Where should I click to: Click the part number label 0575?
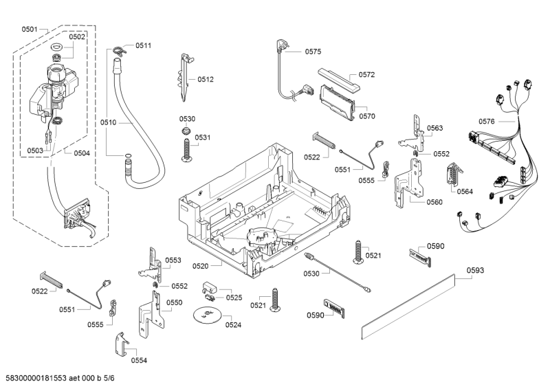[x=313, y=51]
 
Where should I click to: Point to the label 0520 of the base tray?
[x=201, y=265]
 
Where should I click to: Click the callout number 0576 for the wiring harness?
[x=487, y=121]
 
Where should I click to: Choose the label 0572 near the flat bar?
[x=366, y=74]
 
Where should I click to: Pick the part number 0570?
[x=366, y=116]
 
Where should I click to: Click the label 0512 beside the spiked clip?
[x=206, y=79]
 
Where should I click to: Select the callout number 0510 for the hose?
[x=109, y=122]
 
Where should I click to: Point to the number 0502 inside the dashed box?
[x=78, y=36]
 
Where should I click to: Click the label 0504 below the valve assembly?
[x=81, y=153]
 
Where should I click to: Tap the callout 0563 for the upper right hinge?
[x=434, y=128]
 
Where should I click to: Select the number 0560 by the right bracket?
[x=434, y=202]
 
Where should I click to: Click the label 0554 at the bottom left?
[x=139, y=359]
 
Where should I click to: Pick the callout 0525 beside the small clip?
[x=234, y=298]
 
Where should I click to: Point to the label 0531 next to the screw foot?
[x=202, y=137]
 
